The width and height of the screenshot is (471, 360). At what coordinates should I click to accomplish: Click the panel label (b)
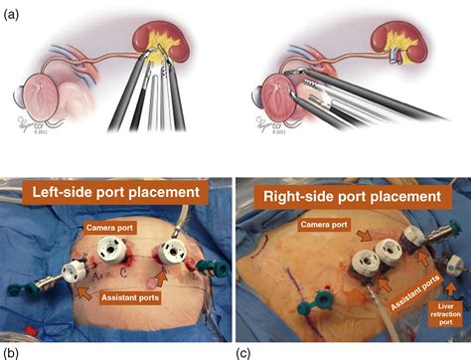point(10,351)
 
